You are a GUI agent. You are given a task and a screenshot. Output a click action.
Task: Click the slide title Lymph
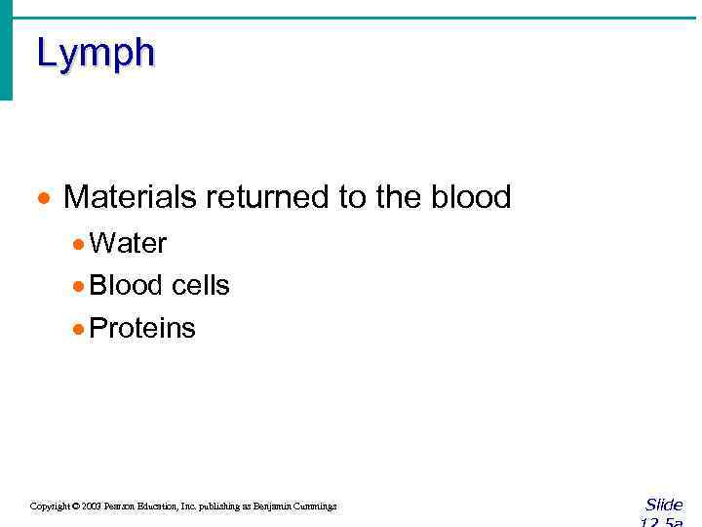click(96, 54)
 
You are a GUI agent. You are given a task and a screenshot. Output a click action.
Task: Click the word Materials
click(130, 197)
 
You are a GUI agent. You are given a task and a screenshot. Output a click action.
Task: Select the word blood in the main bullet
click(470, 197)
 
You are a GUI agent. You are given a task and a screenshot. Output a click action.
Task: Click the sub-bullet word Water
click(128, 243)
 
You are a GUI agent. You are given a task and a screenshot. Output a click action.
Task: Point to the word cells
click(200, 285)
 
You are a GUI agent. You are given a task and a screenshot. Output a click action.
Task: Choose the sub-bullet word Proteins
click(142, 328)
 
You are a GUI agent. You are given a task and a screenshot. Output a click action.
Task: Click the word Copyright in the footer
click(50, 507)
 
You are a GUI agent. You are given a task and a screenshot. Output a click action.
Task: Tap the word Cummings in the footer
click(313, 507)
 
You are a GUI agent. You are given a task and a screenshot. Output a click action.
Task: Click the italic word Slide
click(664, 505)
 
